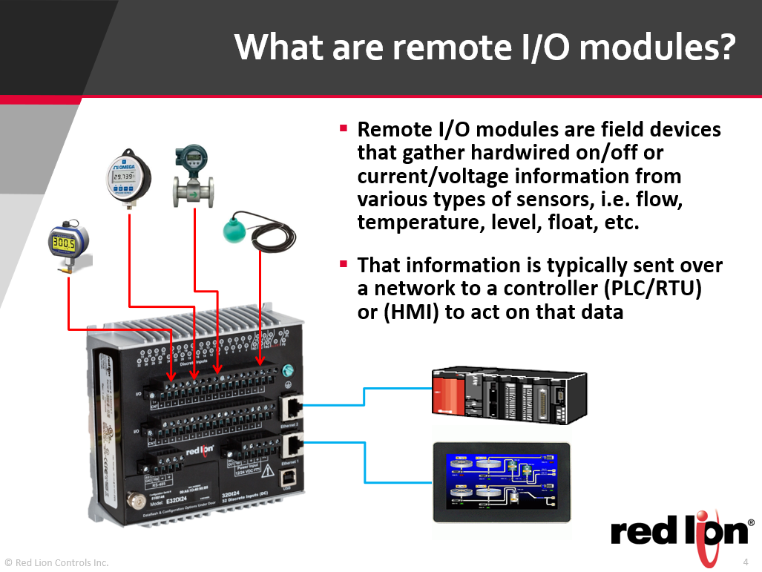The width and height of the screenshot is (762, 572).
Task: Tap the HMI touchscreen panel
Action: pyautogui.click(x=502, y=481)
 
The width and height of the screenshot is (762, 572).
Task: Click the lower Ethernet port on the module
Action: pyautogui.click(x=290, y=446)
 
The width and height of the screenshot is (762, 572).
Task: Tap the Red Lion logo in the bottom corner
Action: pyautogui.click(x=679, y=533)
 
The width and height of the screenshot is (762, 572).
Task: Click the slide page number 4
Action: pyautogui.click(x=746, y=561)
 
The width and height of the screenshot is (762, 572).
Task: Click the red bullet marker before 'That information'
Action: pyautogui.click(x=344, y=264)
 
